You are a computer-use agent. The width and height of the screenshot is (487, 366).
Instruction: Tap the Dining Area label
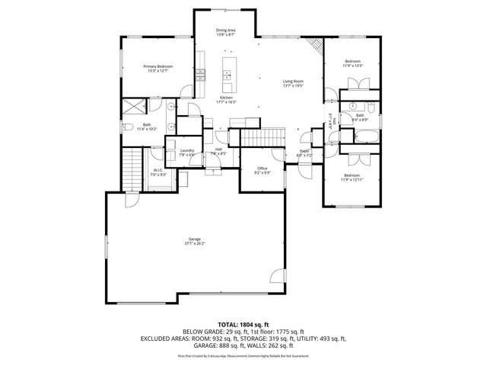[x=226, y=31]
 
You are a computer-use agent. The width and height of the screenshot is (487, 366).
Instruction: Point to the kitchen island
[x=226, y=75]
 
